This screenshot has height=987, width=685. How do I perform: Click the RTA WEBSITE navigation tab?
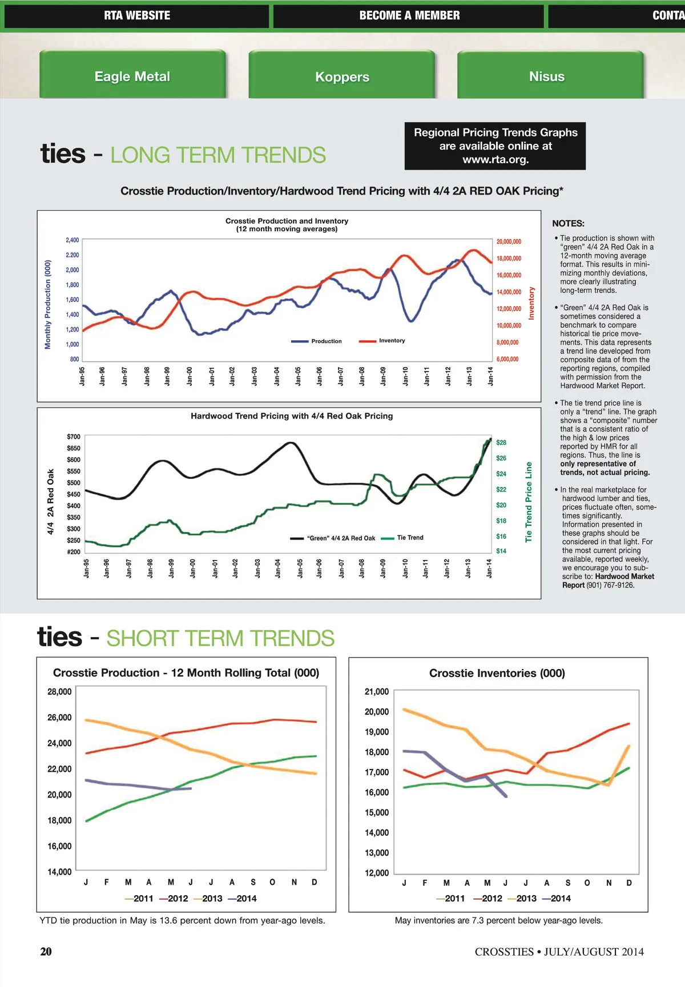137,16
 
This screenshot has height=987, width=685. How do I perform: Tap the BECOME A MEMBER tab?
409,16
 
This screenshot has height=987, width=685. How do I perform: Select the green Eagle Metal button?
132,76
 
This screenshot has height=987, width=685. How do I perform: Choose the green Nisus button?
546,76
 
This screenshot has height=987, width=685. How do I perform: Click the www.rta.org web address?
495,160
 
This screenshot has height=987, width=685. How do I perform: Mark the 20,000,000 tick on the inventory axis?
509,242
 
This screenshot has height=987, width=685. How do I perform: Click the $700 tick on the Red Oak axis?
74,437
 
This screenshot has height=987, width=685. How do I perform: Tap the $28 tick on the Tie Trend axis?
501,442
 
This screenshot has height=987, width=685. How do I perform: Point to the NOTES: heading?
568,224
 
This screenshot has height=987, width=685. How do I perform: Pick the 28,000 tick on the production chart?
59,692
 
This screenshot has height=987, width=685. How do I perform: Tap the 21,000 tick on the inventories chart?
377,692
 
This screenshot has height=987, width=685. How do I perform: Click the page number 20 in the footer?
46,952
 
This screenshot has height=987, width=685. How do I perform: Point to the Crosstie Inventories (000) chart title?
497,674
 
